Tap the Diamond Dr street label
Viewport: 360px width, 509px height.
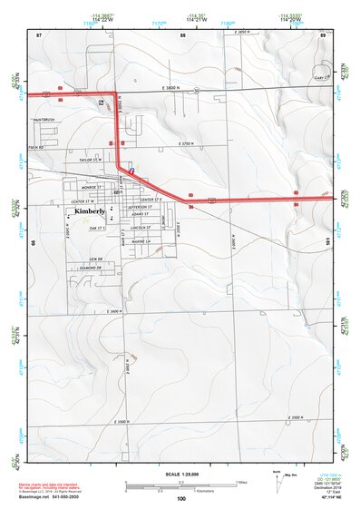[x=91, y=269]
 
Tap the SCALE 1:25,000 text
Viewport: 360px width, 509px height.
[x=180, y=475]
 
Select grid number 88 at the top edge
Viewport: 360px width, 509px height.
[x=182, y=34]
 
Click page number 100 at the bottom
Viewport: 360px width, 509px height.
[x=180, y=499]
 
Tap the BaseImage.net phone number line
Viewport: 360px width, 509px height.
[x=56, y=498]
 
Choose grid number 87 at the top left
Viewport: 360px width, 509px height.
[x=40, y=34]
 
